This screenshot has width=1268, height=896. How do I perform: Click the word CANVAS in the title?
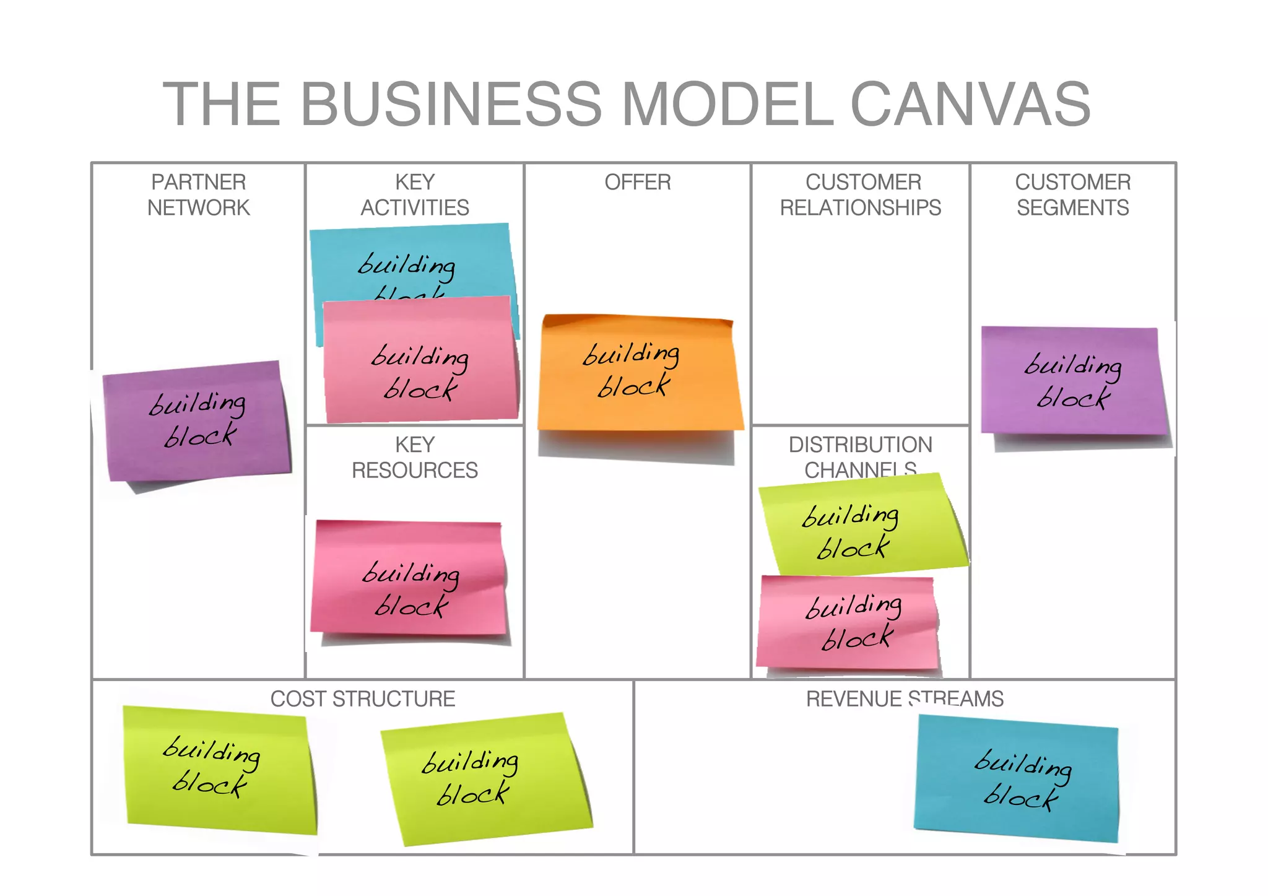pyautogui.click(x=970, y=104)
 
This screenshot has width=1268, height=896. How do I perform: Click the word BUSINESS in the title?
pyautogui.click(x=451, y=104)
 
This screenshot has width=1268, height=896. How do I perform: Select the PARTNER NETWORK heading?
pyautogui.click(x=198, y=194)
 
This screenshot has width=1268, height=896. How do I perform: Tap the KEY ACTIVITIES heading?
pyautogui.click(x=415, y=194)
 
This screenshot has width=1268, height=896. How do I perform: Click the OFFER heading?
pyautogui.click(x=637, y=182)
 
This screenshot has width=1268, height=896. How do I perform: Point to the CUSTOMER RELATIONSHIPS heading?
pyautogui.click(x=860, y=194)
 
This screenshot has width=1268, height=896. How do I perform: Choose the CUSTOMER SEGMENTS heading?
pyautogui.click(x=1072, y=194)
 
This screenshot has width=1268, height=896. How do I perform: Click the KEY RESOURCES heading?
pyautogui.click(x=415, y=457)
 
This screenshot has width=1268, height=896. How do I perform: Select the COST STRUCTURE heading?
pyautogui.click(x=362, y=698)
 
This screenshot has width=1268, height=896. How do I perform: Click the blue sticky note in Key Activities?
pyautogui.click(x=409, y=260)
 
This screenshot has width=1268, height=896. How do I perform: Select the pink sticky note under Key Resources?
pyautogui.click(x=409, y=579)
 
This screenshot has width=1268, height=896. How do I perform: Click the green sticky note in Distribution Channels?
pyautogui.click(x=861, y=526)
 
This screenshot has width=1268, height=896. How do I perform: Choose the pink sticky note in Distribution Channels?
pyautogui.click(x=848, y=622)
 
